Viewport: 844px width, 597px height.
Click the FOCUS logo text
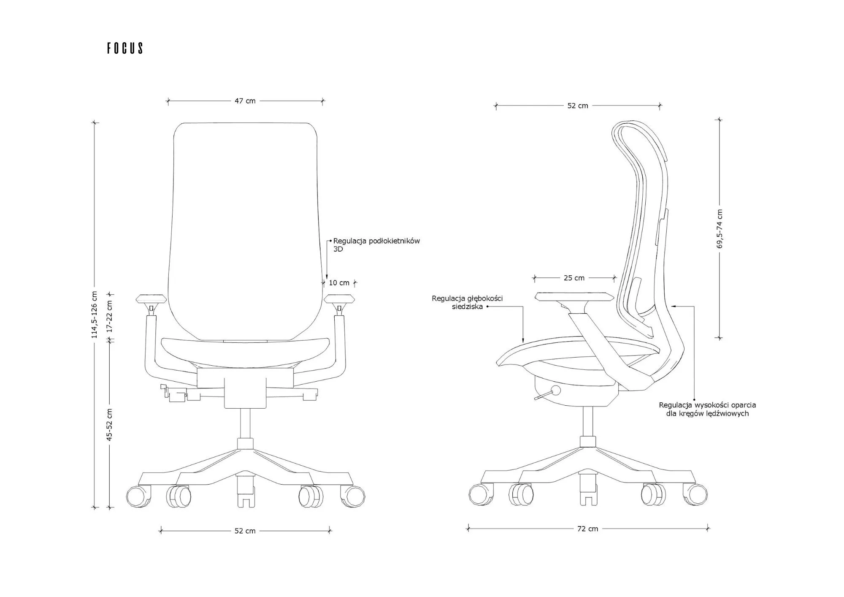125,48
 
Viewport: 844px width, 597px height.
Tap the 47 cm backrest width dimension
245,101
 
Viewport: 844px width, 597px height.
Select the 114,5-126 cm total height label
95,315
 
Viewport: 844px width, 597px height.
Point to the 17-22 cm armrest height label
109,317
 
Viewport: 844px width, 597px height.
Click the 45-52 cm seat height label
109,425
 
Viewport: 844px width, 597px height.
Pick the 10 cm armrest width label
339,283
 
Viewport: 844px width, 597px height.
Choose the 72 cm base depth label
588,529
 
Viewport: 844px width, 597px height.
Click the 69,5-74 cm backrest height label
720,228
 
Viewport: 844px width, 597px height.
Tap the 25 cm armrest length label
574,278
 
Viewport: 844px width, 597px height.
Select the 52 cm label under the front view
245,531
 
